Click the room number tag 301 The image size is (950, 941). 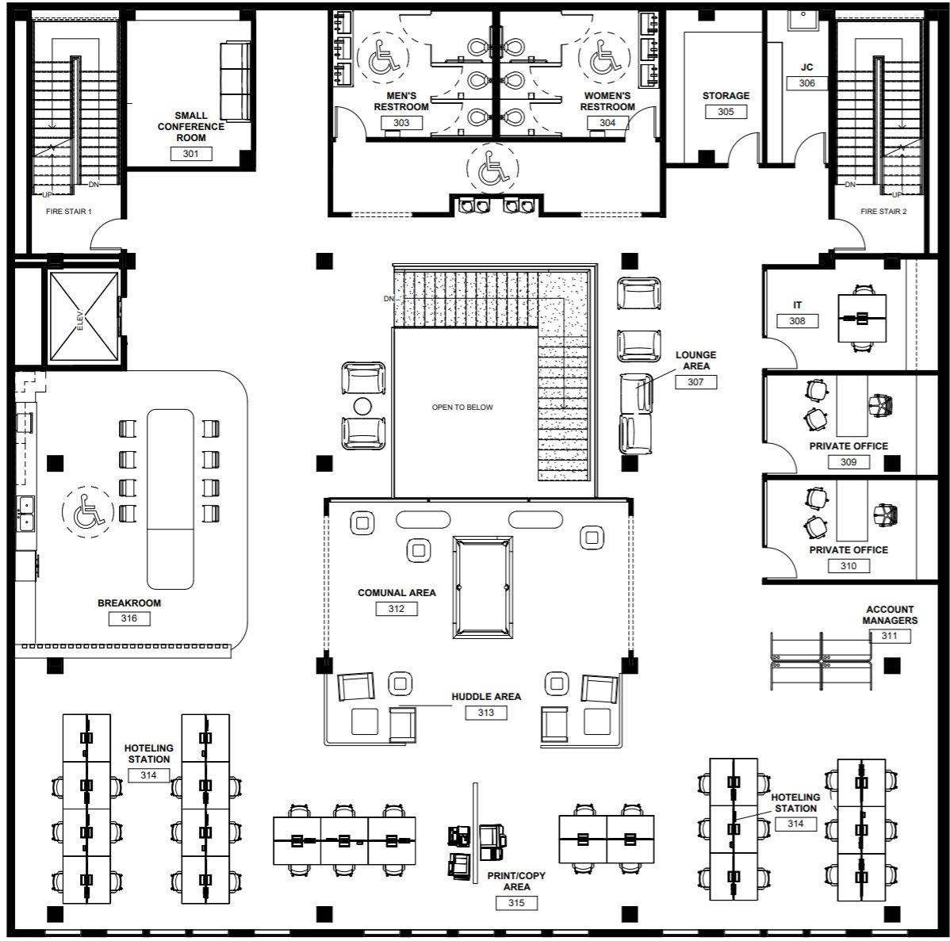[x=191, y=154]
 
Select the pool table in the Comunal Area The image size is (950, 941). [x=482, y=587]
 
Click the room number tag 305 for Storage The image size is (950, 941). [x=726, y=112]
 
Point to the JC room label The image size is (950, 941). [x=806, y=68]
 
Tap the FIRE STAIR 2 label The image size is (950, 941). [x=884, y=212]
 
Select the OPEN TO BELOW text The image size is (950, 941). [x=462, y=407]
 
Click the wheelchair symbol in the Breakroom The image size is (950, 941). [x=85, y=511]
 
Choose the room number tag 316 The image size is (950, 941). [x=129, y=618]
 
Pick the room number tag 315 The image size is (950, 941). [x=517, y=902]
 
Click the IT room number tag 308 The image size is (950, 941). [x=797, y=321]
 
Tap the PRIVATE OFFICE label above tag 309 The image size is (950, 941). [x=848, y=446]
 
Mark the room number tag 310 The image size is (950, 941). [x=848, y=566]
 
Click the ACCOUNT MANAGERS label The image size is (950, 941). [x=890, y=615]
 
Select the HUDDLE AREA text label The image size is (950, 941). [x=486, y=697]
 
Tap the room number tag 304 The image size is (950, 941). [x=607, y=123]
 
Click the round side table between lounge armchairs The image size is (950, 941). [x=362, y=407]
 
